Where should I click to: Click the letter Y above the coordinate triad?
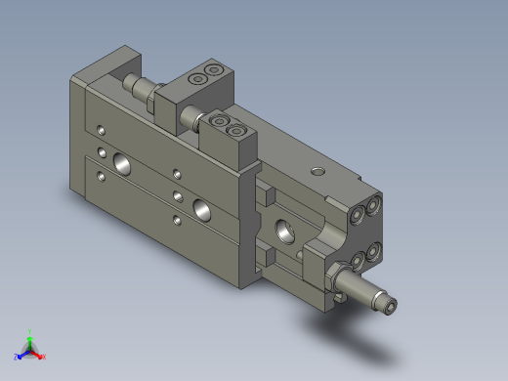coord(30,331)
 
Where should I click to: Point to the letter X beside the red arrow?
coord(44,358)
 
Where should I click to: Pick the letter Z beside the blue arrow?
coord(17,358)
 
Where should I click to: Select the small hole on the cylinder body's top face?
coord(317,171)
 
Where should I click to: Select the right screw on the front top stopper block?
coord(234,129)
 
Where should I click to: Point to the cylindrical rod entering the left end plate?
coord(138,89)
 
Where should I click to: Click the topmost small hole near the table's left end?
coord(103,128)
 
